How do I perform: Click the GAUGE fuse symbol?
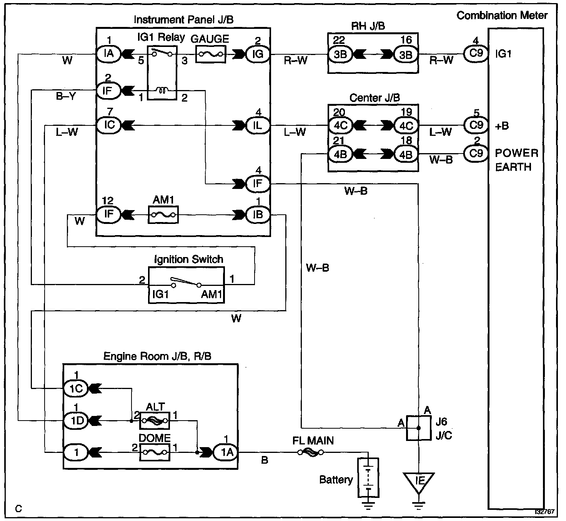211,54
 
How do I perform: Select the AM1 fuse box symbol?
163,214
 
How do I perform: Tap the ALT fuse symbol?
155,421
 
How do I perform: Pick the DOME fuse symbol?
155,452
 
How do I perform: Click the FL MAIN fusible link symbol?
311,453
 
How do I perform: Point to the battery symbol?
368,478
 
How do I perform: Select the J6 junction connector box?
419,427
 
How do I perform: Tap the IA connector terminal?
109,54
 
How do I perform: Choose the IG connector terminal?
258,54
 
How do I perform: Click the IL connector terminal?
258,125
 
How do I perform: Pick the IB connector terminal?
258,214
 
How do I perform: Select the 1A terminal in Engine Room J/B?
227,453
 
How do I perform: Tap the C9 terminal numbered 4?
476,53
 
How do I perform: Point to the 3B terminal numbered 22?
340,54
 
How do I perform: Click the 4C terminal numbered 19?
406,125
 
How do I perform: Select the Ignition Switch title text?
188,259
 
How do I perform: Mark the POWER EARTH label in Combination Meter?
516,160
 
